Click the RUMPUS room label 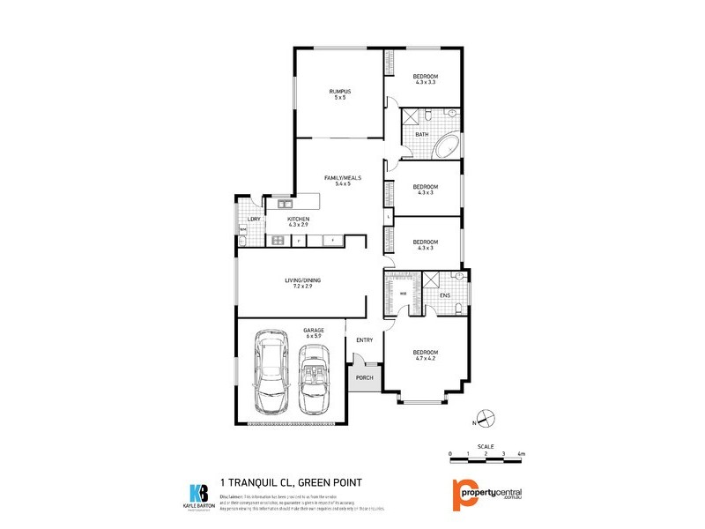(x=339, y=92)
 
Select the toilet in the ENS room (x=460, y=308)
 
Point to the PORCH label (x=365, y=378)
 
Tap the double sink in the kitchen (x=286, y=205)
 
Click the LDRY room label (x=253, y=218)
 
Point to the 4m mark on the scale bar (x=522, y=453)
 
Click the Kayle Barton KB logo (x=199, y=494)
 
